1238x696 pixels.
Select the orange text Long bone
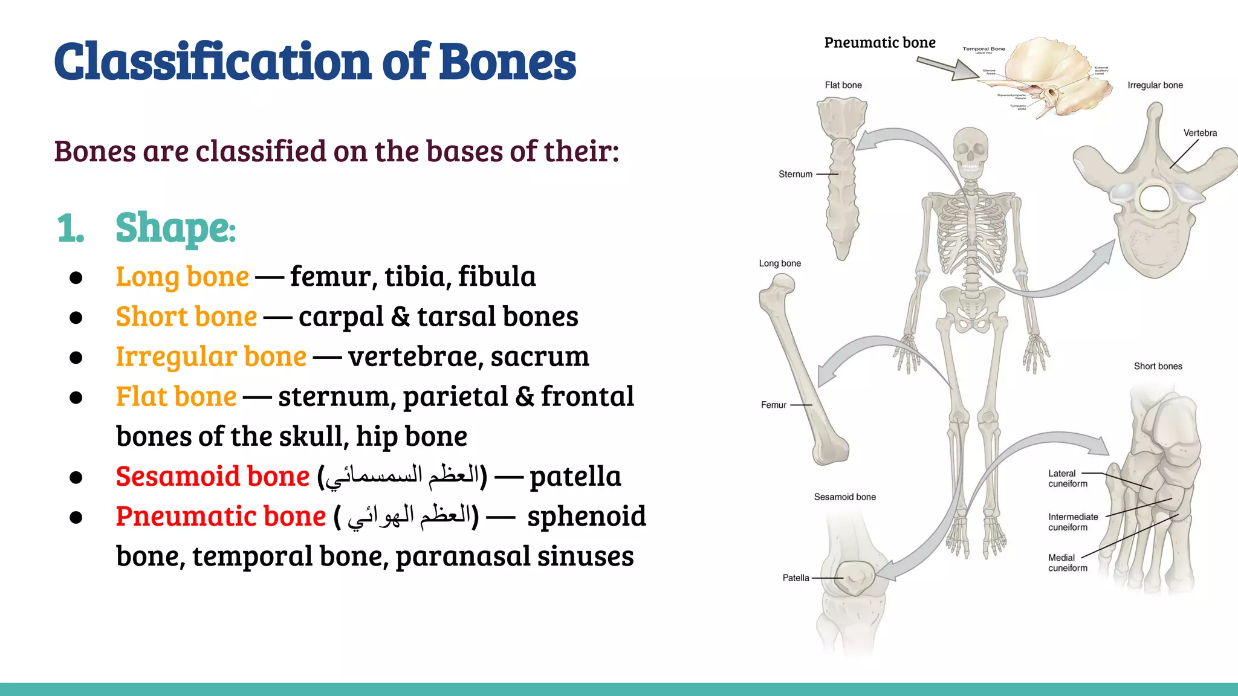click(x=182, y=277)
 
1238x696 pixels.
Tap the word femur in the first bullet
click(x=330, y=277)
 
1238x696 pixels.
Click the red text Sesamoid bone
click(x=212, y=476)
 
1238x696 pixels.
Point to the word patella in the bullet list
click(x=575, y=477)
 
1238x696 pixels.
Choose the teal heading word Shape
click(x=174, y=228)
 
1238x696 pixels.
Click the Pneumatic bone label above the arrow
click(x=880, y=43)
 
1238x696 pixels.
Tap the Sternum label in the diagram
click(x=795, y=174)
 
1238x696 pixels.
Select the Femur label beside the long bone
click(x=773, y=405)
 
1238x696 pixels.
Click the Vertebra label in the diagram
click(x=1200, y=133)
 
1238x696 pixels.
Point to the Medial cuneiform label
click(x=1067, y=562)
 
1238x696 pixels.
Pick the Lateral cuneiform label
click(x=1067, y=478)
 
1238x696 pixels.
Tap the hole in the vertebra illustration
click(x=1154, y=198)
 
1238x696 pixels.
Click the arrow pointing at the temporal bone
click(x=948, y=68)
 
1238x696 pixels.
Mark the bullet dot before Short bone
click(x=76, y=317)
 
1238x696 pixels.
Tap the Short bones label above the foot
click(x=1158, y=366)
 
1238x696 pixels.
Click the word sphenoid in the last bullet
click(x=586, y=517)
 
